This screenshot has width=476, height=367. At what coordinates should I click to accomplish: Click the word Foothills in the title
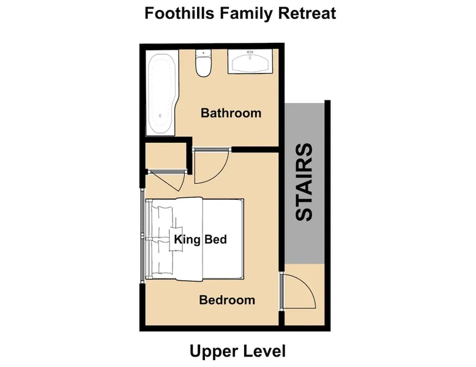(x=179, y=13)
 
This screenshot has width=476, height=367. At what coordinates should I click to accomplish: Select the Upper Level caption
(x=238, y=352)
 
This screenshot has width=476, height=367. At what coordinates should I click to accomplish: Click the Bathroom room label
(x=231, y=113)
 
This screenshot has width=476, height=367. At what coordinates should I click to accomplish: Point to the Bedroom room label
(x=227, y=300)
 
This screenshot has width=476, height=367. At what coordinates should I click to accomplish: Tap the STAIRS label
(x=304, y=182)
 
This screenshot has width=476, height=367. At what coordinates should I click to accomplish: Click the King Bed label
(x=200, y=240)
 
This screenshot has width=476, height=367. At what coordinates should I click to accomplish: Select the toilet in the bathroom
(x=203, y=63)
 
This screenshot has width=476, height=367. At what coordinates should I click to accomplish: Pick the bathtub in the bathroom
(x=160, y=93)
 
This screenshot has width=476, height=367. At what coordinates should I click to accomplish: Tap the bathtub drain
(x=160, y=116)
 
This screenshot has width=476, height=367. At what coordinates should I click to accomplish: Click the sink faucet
(x=250, y=54)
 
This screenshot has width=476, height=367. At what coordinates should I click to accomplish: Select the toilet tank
(x=203, y=53)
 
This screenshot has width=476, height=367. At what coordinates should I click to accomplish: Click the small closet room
(x=166, y=156)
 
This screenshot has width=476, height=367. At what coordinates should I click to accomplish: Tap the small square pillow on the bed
(x=176, y=240)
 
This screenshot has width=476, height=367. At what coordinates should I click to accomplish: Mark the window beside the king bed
(x=142, y=236)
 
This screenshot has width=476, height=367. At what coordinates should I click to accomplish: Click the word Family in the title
(x=245, y=13)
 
